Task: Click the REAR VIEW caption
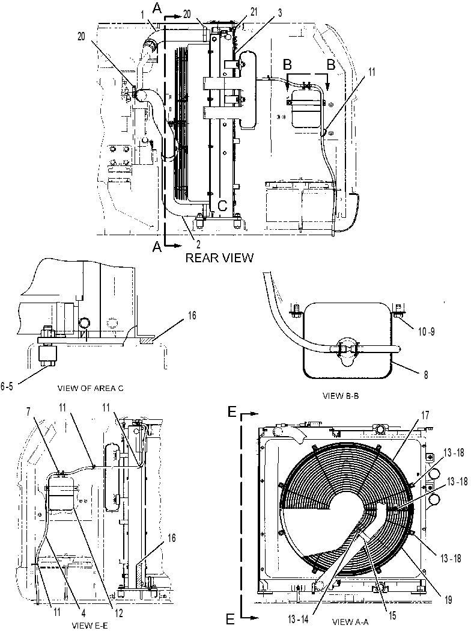click(x=219, y=257)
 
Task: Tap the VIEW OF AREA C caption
click(x=91, y=389)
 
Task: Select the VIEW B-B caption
click(x=341, y=396)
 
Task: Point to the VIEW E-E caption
click(x=90, y=626)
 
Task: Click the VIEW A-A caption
click(x=350, y=622)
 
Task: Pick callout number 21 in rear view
click(x=254, y=13)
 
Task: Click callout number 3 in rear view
click(x=280, y=13)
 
